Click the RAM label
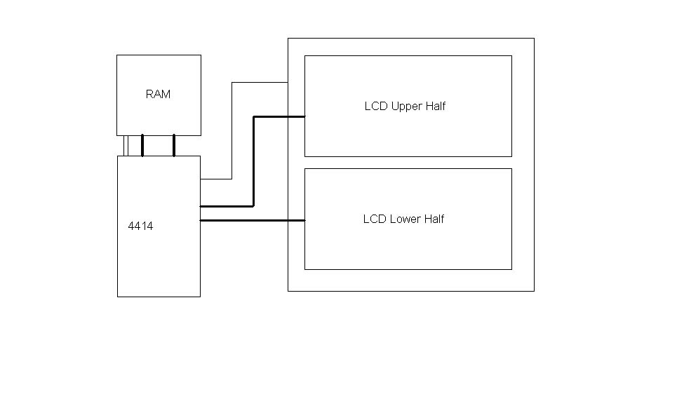pyautogui.click(x=158, y=94)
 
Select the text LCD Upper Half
pyautogui.click(x=405, y=107)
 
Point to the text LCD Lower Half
pyautogui.click(x=403, y=219)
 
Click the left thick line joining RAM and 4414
pyautogui.click(x=142, y=145)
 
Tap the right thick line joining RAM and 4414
pyautogui.click(x=174, y=145)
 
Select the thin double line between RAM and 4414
pyautogui.click(x=126, y=145)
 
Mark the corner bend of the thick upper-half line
pyautogui.click(x=253, y=206)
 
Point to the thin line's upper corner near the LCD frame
pyautogui.click(x=232, y=83)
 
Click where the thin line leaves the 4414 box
pyautogui.click(x=201, y=179)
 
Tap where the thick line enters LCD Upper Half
pyautogui.click(x=304, y=116)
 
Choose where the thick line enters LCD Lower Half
pyautogui.click(x=304, y=221)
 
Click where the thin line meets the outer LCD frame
pyautogui.click(x=288, y=83)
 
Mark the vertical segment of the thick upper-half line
pyautogui.click(x=253, y=161)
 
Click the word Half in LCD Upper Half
pyautogui.click(x=435, y=107)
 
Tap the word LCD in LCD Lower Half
pyautogui.click(x=373, y=219)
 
